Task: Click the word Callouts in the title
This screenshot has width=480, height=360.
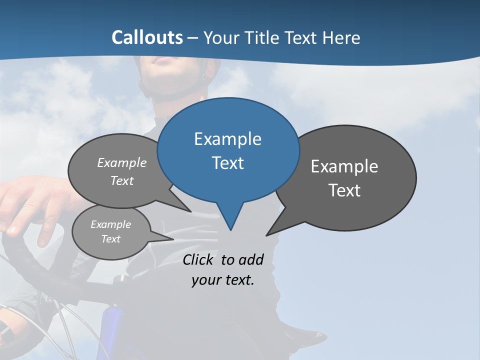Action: tap(147, 37)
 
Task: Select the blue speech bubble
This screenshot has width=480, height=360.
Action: tap(228, 150)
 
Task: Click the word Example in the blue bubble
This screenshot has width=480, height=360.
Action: tap(227, 139)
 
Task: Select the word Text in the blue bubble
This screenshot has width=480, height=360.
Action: tap(227, 163)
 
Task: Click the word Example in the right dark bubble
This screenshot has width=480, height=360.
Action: tap(344, 166)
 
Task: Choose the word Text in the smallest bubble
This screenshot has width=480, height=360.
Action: tap(111, 239)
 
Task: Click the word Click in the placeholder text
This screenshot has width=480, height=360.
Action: tap(198, 259)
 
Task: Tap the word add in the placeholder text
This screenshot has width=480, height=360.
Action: tap(250, 259)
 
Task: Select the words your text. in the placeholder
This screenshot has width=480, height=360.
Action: tap(223, 280)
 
